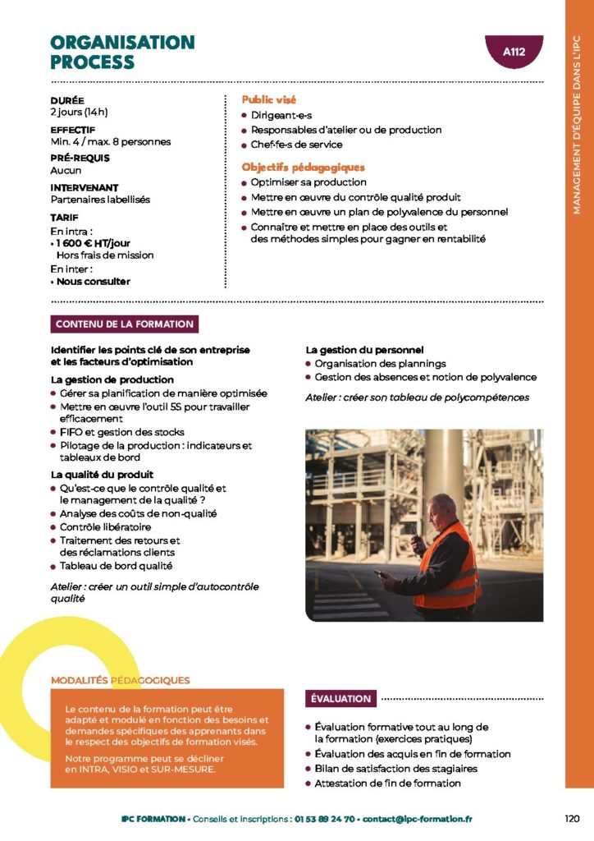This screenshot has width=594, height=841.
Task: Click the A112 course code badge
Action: pos(514,53)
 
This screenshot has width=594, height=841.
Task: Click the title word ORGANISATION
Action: pos(122,43)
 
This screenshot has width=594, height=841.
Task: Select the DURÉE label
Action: pos(67,100)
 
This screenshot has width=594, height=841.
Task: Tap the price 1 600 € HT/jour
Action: pos(94,243)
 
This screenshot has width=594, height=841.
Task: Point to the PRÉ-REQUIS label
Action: pos(80,159)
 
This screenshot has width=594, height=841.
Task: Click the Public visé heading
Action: pos(268,99)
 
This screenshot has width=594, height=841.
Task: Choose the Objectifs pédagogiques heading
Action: pos(303,167)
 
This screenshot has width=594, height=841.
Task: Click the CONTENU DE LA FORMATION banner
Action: pos(125,324)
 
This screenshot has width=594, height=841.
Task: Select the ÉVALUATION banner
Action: pos(340,699)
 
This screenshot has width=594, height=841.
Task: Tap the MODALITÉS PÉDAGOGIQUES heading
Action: pos(120,680)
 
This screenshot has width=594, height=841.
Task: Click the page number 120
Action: pos(573,819)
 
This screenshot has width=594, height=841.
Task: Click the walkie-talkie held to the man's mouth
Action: pos(417,543)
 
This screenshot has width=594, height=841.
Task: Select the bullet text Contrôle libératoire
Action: pos(105,526)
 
